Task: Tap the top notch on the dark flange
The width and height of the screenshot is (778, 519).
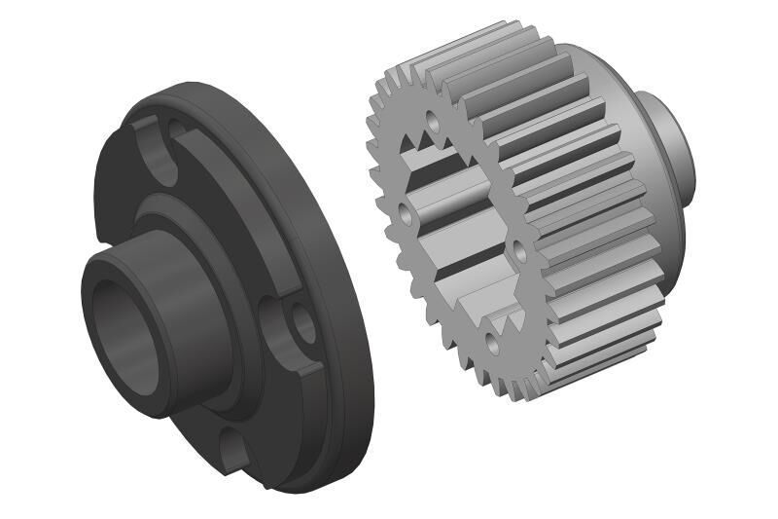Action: [156, 146]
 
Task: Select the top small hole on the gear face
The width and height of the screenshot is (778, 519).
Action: [432, 124]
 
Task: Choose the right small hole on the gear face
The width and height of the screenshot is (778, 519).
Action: [519, 251]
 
